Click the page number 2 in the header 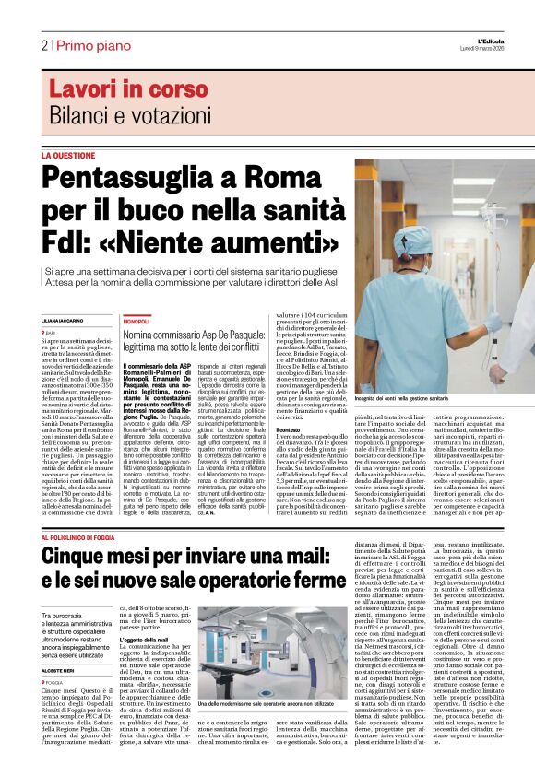(x=43, y=46)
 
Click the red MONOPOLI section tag (x=138, y=320)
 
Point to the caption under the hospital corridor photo (x=402, y=398)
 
